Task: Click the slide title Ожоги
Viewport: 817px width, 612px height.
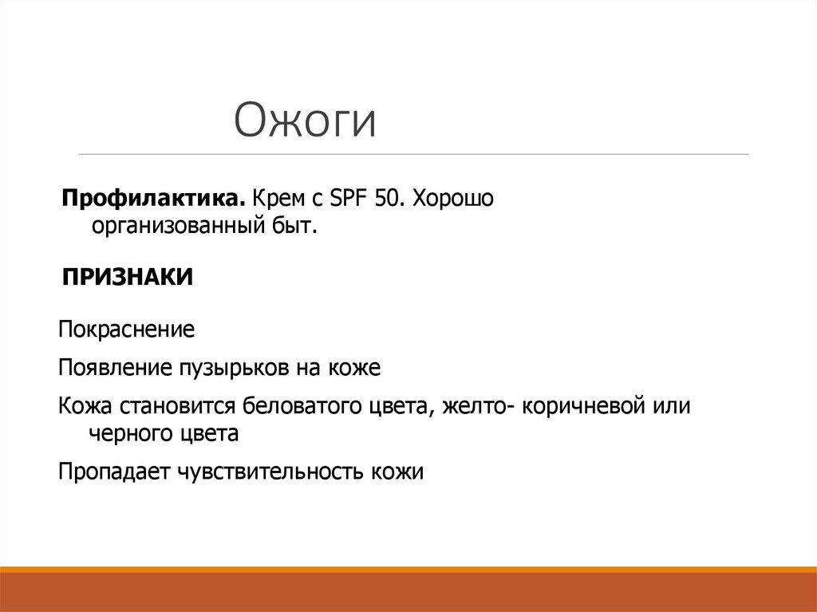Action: pos(306,120)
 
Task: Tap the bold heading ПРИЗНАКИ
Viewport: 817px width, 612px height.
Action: pos(128,278)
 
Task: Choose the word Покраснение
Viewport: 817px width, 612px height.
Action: pos(127,330)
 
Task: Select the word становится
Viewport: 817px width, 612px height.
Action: pos(179,406)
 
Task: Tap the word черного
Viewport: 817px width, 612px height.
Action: pos(130,435)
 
